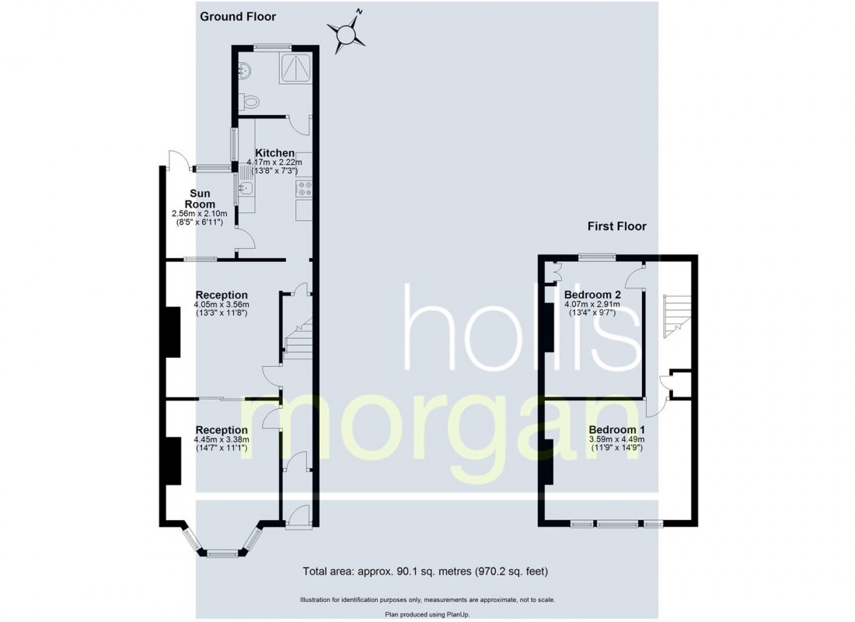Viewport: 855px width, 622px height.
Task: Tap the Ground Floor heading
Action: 237,16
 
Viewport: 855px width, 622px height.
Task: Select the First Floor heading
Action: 617,226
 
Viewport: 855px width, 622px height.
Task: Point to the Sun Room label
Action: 197,198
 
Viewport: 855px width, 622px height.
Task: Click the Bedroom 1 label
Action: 616,429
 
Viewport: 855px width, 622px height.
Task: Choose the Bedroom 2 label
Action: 592,295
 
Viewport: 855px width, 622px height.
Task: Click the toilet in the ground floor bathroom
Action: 249,101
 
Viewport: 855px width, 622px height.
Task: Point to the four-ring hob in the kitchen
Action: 303,188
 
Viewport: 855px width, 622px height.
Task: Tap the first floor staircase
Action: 672,316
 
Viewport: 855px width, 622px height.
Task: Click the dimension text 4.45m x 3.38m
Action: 222,439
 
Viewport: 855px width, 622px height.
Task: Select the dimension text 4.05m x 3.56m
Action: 222,305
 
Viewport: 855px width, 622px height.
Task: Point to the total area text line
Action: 425,572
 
